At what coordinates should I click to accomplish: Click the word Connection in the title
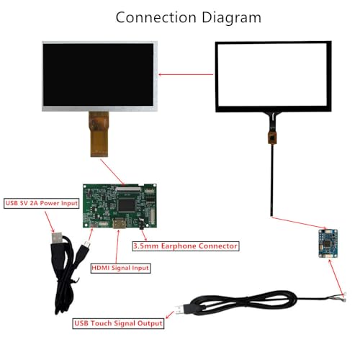click(156, 17)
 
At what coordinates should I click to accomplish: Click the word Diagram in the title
click(231, 18)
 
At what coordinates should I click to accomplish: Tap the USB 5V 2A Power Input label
click(42, 203)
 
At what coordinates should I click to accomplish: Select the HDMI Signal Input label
click(120, 268)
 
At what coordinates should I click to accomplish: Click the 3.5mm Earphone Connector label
click(186, 246)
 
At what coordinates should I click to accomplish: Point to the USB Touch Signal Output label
click(118, 323)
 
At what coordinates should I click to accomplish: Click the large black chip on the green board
click(127, 205)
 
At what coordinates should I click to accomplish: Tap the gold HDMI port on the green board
click(120, 224)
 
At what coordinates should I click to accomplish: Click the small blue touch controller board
click(328, 243)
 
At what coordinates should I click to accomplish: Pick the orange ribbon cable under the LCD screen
click(99, 134)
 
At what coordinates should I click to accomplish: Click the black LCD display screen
click(98, 74)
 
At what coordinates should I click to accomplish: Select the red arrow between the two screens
click(186, 74)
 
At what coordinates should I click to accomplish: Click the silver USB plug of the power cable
click(58, 238)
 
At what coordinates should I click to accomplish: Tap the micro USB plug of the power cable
click(86, 246)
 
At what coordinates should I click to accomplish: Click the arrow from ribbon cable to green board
click(112, 172)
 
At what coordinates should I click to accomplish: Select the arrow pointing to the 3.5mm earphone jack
click(144, 235)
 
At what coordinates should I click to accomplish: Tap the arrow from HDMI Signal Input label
click(117, 246)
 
